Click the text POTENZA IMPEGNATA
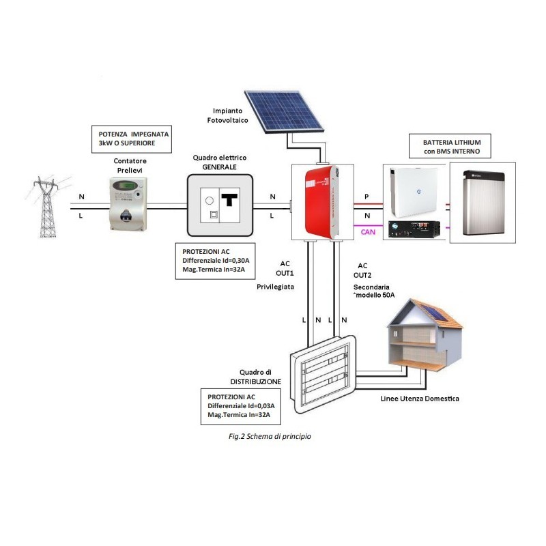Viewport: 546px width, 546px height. pyautogui.click(x=134, y=134)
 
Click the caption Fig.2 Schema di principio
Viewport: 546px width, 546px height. pyautogui.click(x=270, y=435)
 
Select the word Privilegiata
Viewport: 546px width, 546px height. pyautogui.click(x=275, y=287)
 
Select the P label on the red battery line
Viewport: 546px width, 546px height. pyautogui.click(x=366, y=197)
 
